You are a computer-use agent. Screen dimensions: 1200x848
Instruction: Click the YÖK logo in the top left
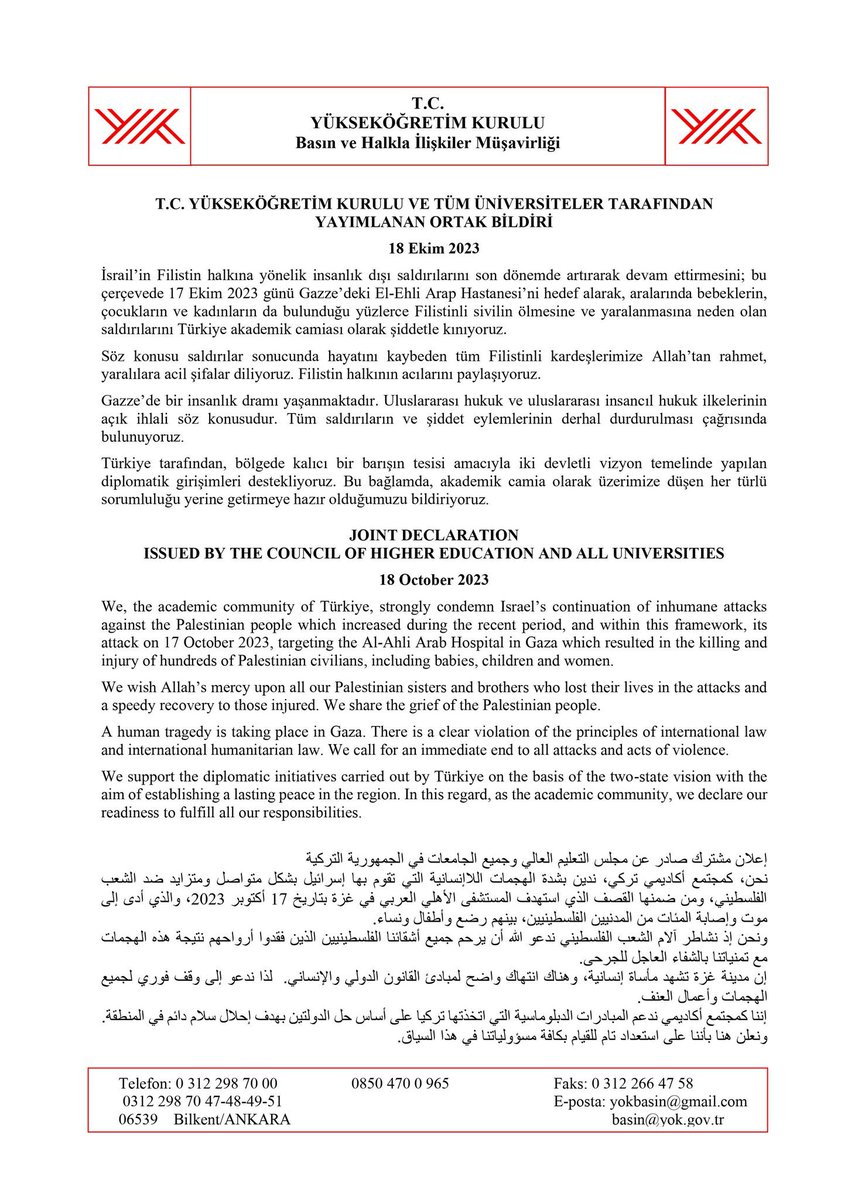pyautogui.click(x=139, y=127)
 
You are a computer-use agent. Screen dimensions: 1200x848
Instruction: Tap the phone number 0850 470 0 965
pyautogui.click(x=400, y=1082)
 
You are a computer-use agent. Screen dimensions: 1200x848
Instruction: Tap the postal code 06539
pyautogui.click(x=140, y=1120)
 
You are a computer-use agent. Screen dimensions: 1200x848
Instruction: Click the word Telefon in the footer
pyautogui.click(x=145, y=1082)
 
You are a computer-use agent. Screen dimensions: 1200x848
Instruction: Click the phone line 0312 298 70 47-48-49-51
pyautogui.click(x=200, y=1101)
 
